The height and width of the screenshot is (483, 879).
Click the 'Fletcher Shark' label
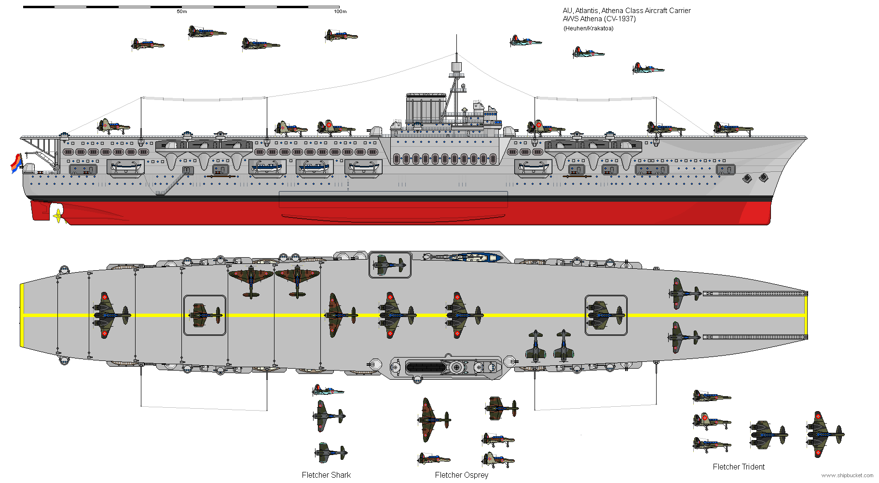[326, 475]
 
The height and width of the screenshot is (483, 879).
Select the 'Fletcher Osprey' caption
[461, 475]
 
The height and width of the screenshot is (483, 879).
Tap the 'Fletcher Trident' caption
[739, 467]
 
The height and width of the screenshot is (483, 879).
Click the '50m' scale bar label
[182, 12]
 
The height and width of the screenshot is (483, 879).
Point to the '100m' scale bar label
[340, 12]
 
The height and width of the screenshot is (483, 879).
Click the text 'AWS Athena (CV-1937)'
[599, 19]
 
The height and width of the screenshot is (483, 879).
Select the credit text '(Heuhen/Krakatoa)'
[588, 28]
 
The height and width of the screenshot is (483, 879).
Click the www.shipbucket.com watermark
[847, 476]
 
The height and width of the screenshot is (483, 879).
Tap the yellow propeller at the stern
[58, 215]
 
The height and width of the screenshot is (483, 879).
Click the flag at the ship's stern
[16, 164]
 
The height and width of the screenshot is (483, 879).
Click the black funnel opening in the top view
[426, 368]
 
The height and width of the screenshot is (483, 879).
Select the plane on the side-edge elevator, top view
[390, 264]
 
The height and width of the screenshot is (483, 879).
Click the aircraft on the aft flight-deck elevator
[205, 315]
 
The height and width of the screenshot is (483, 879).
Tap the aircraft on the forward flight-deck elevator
[606, 315]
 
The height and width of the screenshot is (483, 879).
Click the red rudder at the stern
[41, 210]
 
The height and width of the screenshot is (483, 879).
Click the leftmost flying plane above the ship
[147, 44]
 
